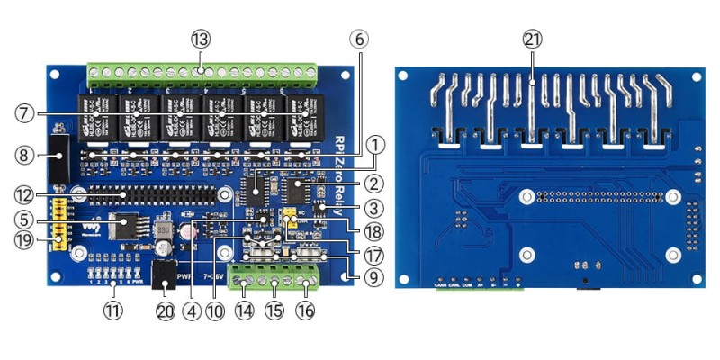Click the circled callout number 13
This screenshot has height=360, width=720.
coord(200,39)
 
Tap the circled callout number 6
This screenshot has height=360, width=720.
coord(358,39)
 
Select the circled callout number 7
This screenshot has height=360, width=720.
coord(25,113)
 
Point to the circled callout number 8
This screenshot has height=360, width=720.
coord(25,154)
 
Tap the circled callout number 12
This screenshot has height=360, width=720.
coord(25,193)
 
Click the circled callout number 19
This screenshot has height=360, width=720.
coord(25,239)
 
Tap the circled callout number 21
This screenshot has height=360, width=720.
coord(533,39)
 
